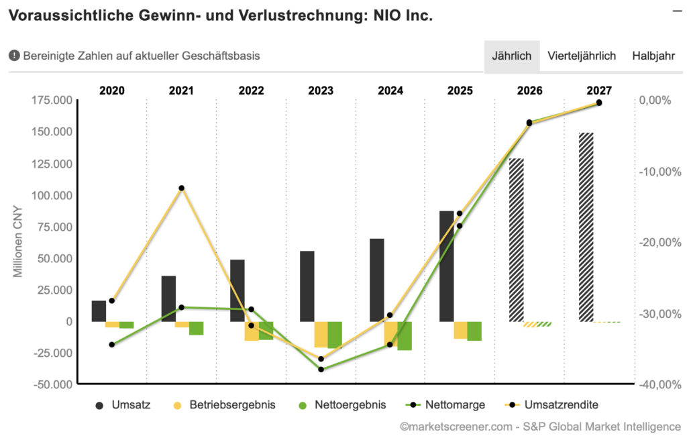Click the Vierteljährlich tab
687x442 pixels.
coord(581,56)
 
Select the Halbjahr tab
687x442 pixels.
coord(653,56)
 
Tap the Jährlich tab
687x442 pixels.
coord(512,56)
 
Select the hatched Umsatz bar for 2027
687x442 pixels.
coord(586,227)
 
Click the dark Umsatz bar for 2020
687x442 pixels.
coord(99,311)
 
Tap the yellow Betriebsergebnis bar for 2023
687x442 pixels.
coord(321,334)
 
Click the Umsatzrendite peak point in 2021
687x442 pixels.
coord(181,188)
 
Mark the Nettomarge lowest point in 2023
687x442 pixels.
coord(321,370)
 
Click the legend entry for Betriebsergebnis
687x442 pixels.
coord(224,405)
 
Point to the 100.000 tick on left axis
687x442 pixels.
coord(52,196)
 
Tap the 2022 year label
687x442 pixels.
coord(251,91)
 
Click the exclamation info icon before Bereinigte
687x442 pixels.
coord(14,56)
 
